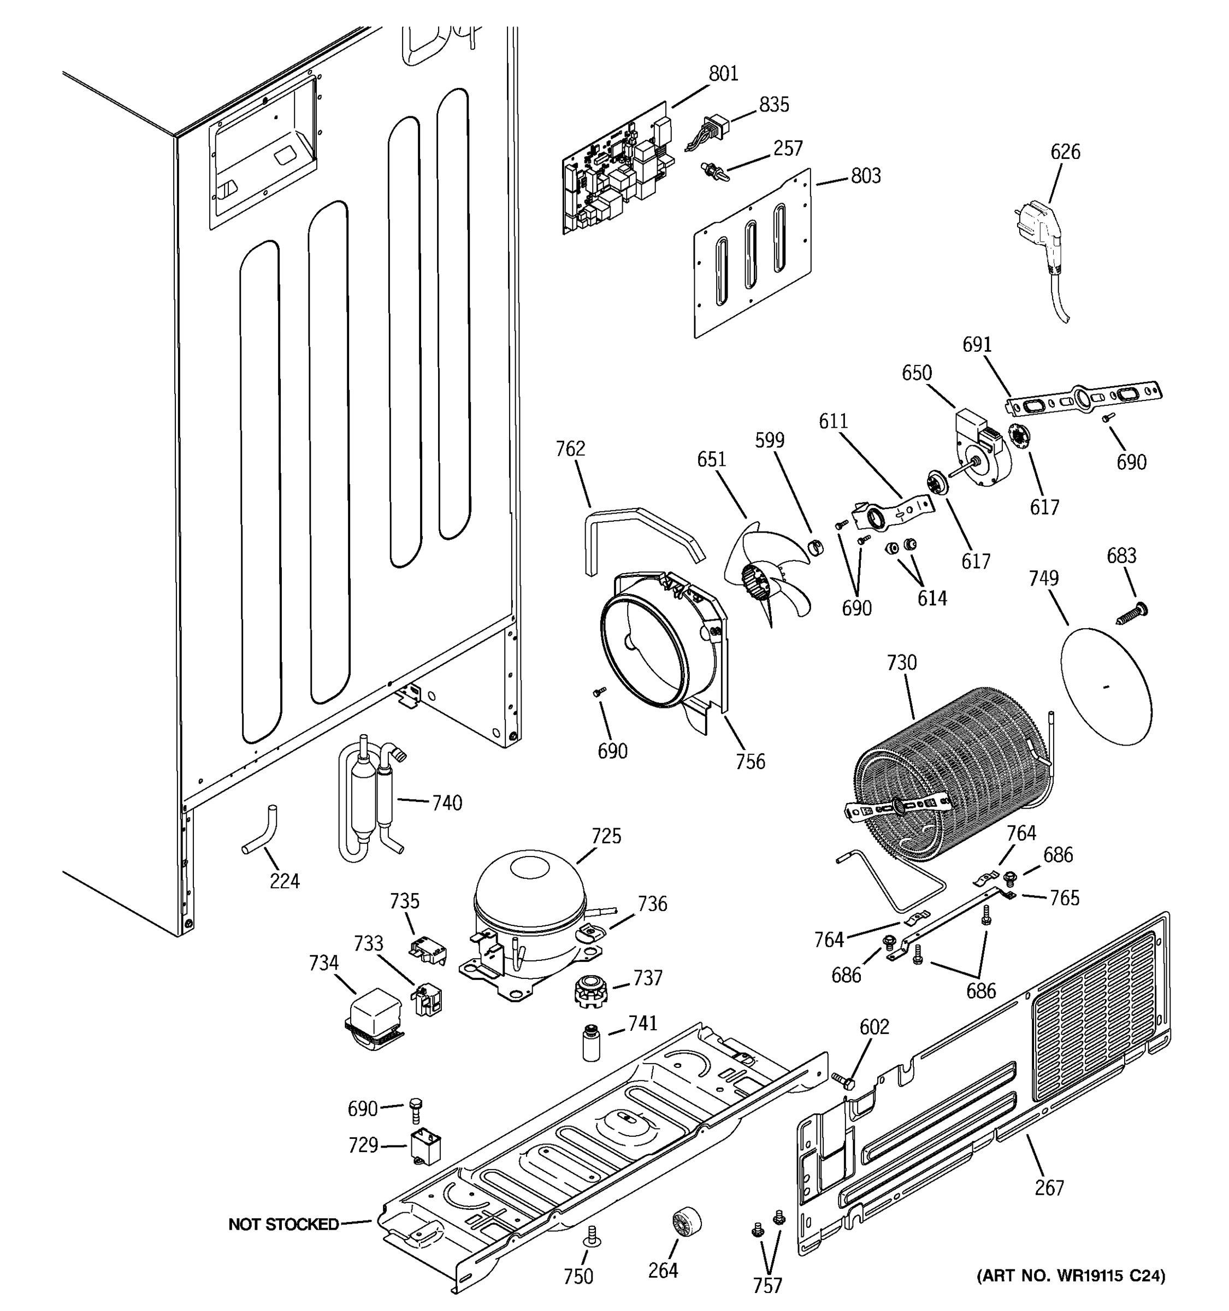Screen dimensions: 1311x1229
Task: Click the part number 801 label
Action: [723, 74]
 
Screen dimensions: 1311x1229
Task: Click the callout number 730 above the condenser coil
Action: [901, 662]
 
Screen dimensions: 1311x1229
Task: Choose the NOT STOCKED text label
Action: [283, 1224]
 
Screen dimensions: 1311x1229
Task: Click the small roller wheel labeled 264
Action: [686, 1223]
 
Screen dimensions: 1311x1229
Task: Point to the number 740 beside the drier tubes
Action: [447, 802]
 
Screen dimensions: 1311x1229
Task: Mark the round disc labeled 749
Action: [1106, 687]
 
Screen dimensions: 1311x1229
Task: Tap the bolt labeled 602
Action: [843, 1080]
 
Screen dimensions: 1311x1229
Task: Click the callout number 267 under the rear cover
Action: [1049, 1187]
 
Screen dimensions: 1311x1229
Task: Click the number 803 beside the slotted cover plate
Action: [865, 176]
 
